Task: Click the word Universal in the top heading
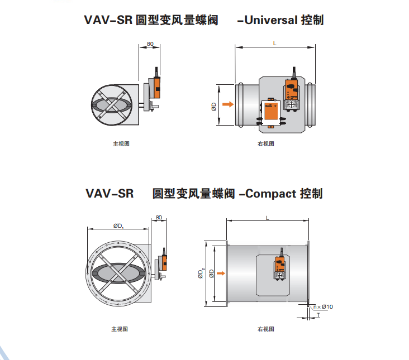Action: pos(271,21)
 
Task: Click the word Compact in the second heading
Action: pos(270,194)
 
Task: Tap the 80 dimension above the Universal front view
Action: pos(150,43)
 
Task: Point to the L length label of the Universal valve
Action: pos(274,43)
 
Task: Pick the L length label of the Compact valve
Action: pos(268,217)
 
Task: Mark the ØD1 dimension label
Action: pos(118,225)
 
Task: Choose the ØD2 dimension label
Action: pos(200,273)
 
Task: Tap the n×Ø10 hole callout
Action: pos(323,306)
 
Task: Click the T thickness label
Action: pos(318,315)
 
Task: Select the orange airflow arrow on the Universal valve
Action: pos(227,104)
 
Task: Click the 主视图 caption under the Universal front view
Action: pos(121,143)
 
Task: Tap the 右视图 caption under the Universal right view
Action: pos(266,143)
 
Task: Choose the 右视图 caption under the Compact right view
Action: pos(266,329)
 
